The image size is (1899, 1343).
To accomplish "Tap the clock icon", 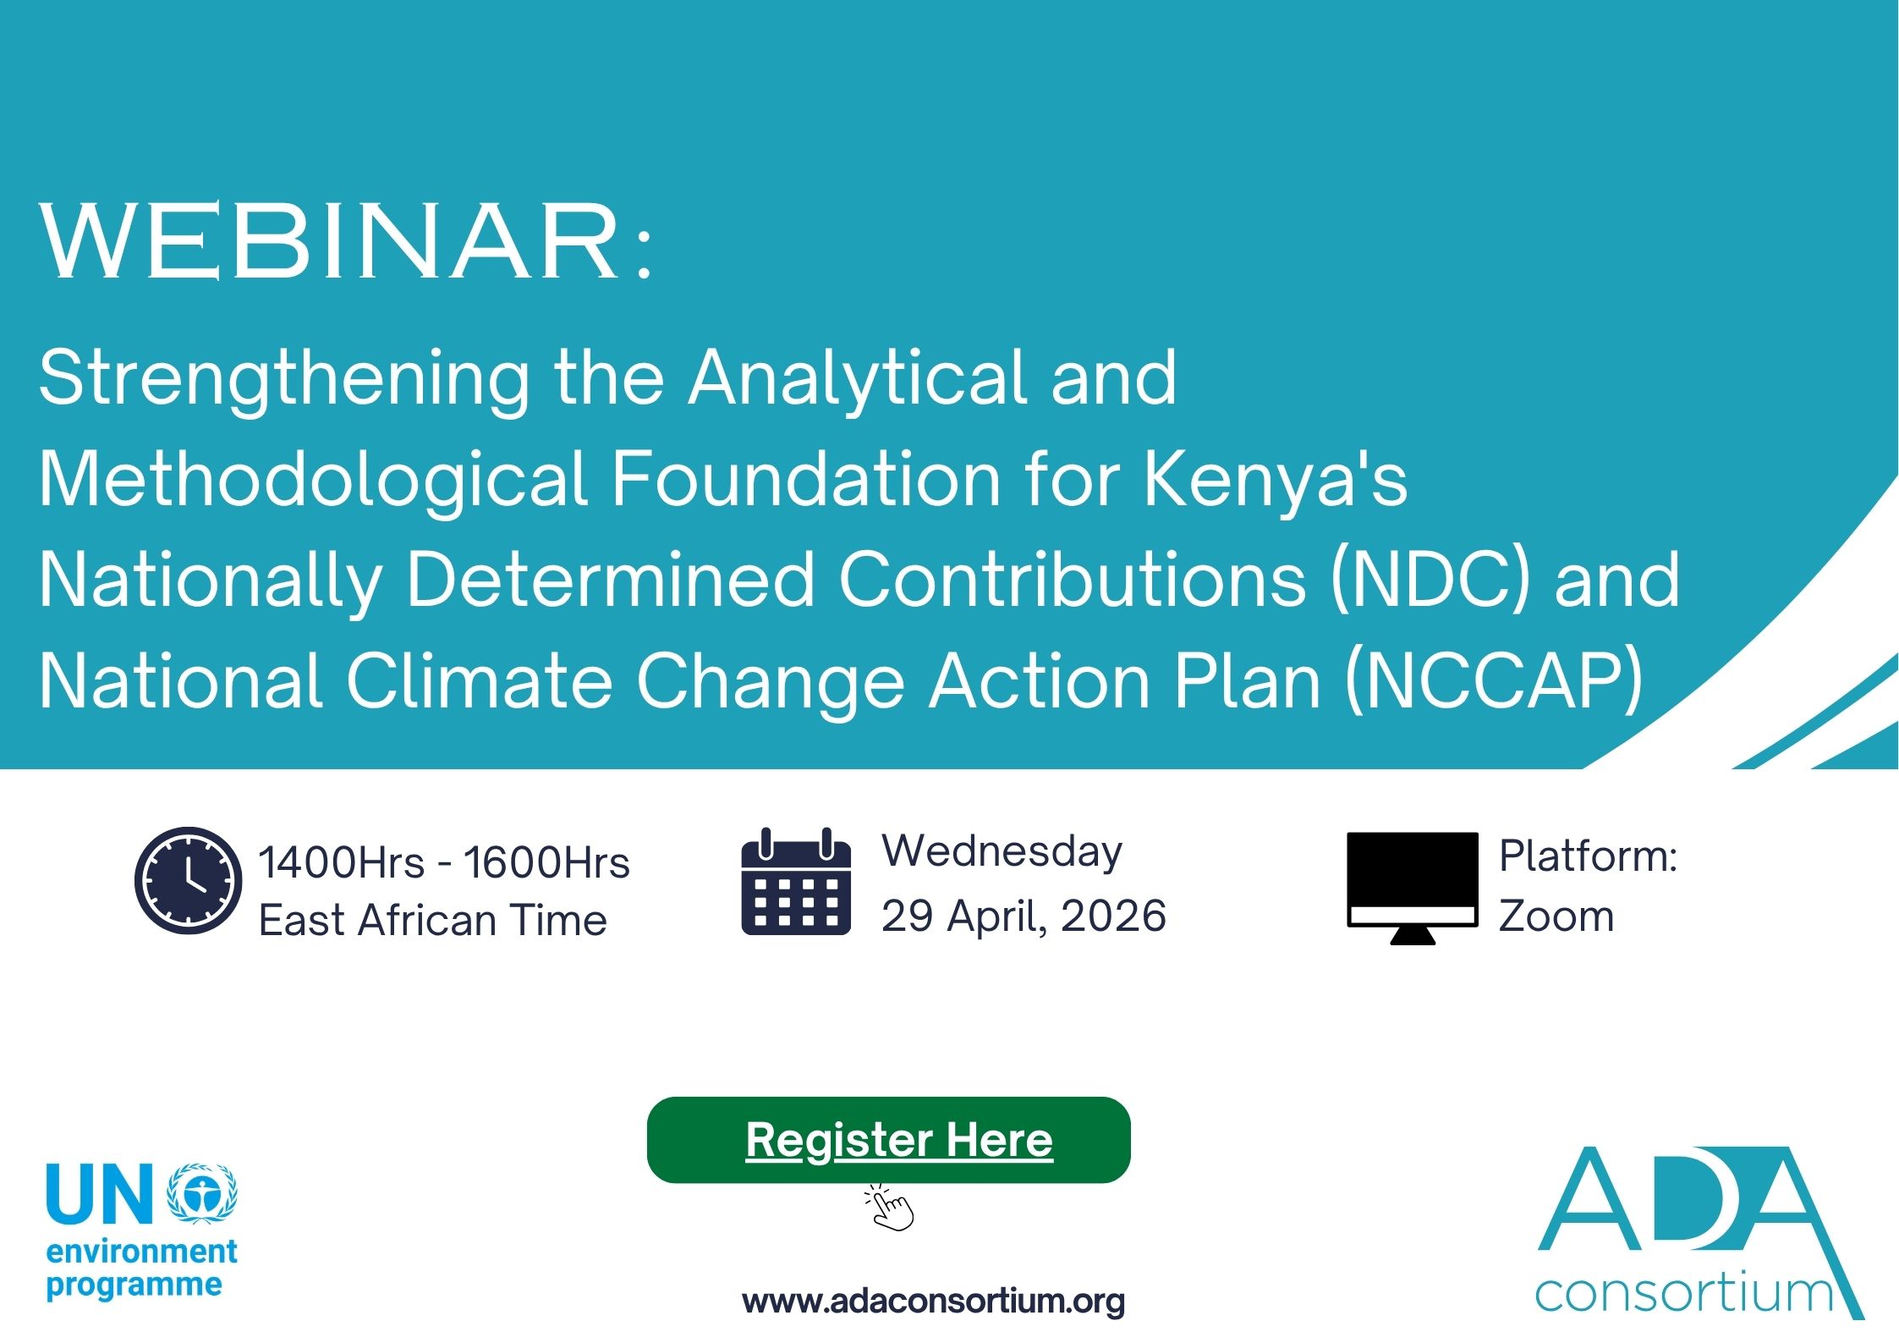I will pyautogui.click(x=188, y=880).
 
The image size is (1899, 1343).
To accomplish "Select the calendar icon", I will pyautogui.click(x=796, y=882).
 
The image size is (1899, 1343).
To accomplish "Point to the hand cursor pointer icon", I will pyautogui.click(x=891, y=1209).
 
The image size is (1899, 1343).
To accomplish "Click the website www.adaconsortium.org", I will pyautogui.click(x=933, y=1301).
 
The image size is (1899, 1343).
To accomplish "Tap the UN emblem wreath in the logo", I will pyautogui.click(x=202, y=1194).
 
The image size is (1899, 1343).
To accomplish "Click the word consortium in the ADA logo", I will pyautogui.click(x=1683, y=1294).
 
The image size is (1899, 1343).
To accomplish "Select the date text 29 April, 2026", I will pyautogui.click(x=1024, y=916).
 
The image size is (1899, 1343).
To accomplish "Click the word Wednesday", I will pyautogui.click(x=1002, y=851).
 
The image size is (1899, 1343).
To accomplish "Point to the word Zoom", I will pyautogui.click(x=1556, y=916).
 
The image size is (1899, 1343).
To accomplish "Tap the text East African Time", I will pyautogui.click(x=433, y=921).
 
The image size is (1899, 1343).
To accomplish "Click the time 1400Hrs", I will pyautogui.click(x=342, y=863).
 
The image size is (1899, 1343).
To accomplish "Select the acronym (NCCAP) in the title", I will pyautogui.click(x=1493, y=680).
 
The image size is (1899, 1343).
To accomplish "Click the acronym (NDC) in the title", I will pyautogui.click(x=1430, y=579).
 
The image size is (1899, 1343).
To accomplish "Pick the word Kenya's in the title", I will pyautogui.click(x=1276, y=479).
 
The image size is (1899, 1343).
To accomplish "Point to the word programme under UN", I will pyautogui.click(x=134, y=1285).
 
